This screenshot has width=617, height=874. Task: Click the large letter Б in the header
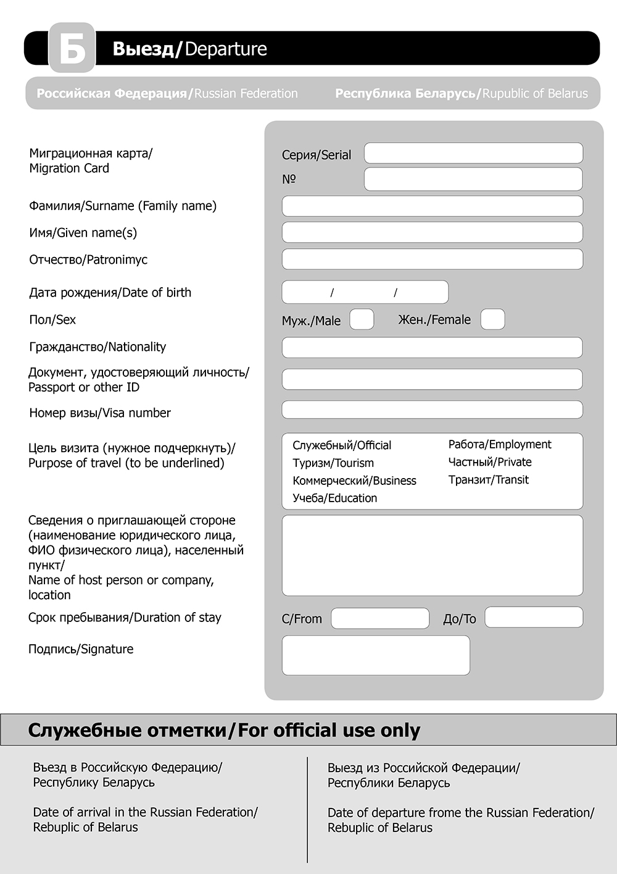pos(72,48)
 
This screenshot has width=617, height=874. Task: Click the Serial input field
pos(473,153)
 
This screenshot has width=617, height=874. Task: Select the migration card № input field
pos(473,179)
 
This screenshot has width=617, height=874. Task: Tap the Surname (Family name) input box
pos(432,206)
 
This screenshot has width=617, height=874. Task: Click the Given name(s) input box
pos(432,232)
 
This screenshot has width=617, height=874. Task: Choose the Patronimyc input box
pos(432,259)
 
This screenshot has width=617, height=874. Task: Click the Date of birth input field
pos(365,292)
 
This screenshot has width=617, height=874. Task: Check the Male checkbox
pos(362,319)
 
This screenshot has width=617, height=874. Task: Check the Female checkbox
pos(492,319)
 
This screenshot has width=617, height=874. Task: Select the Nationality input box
pos(432,347)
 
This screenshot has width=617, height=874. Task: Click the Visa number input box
pos(432,410)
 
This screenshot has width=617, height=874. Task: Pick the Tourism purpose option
pos(333,463)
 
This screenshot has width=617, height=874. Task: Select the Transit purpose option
pos(489,480)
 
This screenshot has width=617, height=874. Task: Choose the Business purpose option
pos(354,481)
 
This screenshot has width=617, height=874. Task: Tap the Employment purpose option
pos(500,445)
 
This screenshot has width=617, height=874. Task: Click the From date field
pos(380,618)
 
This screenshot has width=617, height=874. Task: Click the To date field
pos(534,617)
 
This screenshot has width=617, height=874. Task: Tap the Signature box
pos(376,655)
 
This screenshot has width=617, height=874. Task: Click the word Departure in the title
pos(226,49)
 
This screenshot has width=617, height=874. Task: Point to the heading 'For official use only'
pos(329,730)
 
